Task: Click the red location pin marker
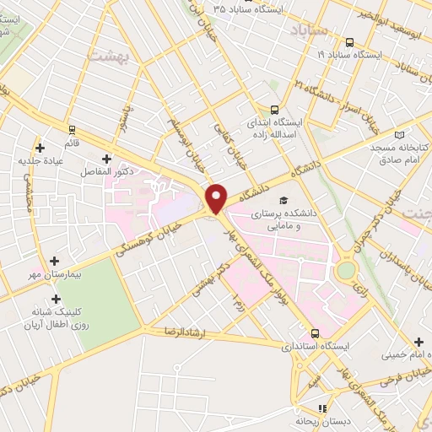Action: tap(216, 197)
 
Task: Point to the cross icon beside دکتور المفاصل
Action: tap(106, 158)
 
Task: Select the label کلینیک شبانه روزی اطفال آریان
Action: tap(56, 318)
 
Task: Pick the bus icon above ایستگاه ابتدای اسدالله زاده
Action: tap(273, 109)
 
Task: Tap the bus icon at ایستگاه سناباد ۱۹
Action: tap(348, 40)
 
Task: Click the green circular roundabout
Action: tap(346, 271)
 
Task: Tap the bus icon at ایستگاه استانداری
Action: tap(314, 333)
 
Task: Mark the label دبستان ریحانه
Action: tap(321, 420)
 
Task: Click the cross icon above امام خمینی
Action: tap(419, 341)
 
